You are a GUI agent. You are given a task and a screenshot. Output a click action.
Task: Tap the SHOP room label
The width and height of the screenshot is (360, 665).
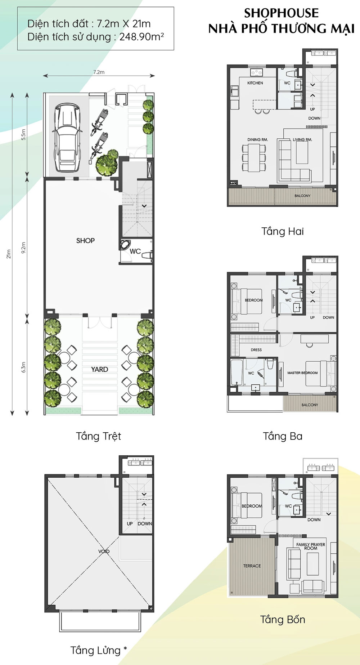coord(85,241)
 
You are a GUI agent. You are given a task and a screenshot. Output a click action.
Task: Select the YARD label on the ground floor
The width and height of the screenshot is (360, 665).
coord(99,370)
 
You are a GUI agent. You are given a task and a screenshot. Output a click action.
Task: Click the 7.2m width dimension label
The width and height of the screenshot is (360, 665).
coord(99,72)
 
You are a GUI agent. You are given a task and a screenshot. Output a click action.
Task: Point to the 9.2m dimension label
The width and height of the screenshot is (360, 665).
coord(23,247)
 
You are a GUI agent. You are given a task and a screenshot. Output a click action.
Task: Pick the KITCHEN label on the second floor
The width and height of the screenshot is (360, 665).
coord(255,83)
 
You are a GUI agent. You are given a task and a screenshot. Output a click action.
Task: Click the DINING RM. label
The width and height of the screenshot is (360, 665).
coord(257,140)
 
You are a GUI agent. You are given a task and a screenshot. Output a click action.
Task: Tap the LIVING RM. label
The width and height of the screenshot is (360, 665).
coord(302,140)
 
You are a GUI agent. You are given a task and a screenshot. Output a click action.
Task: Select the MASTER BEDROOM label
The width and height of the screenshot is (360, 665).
coord(302,373)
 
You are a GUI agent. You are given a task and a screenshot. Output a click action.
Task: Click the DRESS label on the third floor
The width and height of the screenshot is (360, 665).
coord(256,350)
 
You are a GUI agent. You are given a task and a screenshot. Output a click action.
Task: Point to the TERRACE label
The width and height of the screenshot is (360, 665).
coord(252,566)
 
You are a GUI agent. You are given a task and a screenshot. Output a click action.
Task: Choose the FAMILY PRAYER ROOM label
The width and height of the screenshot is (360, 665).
coord(311,546)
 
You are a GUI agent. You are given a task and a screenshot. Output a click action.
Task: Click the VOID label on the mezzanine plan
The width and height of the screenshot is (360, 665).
coord(104,552)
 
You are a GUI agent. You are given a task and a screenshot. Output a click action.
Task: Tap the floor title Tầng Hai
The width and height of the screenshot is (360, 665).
coord(283,231)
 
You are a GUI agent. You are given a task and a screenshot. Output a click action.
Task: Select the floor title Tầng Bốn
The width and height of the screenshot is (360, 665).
coord(283,620)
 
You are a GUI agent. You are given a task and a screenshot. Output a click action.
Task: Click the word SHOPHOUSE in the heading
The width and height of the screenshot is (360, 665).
coord(282,13)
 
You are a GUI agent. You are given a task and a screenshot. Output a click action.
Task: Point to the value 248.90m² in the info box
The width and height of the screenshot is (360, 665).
coord(142,37)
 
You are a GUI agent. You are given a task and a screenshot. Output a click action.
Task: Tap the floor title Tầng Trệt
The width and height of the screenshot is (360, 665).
coord(98,436)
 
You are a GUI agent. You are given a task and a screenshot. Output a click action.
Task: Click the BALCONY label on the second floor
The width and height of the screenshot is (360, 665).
coord(302,196)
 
